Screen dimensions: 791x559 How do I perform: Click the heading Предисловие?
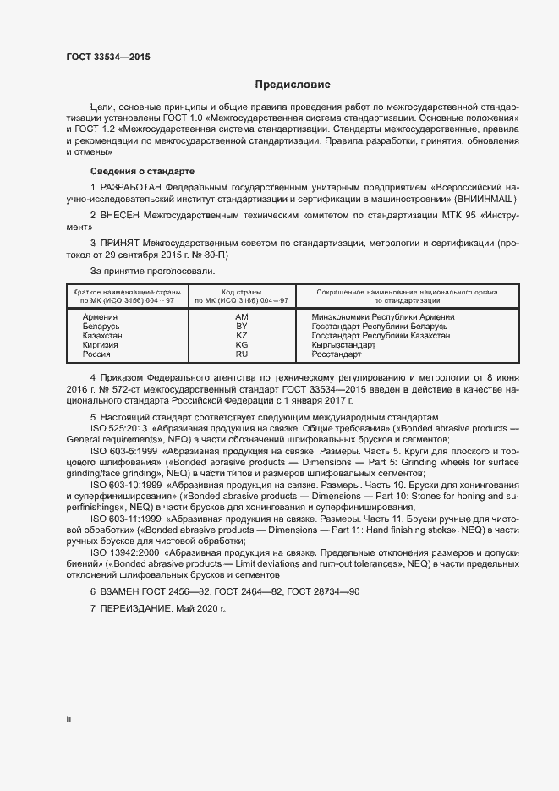293,85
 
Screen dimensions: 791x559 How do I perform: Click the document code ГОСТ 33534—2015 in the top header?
109,57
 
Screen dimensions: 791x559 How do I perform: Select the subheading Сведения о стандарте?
129,171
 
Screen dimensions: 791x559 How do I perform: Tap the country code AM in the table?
241,316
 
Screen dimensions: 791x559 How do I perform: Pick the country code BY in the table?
241,326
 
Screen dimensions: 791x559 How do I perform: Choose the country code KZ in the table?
241,336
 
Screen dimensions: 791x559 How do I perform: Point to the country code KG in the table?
241,345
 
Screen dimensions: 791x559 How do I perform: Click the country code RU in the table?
241,355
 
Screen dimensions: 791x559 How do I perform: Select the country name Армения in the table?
101,316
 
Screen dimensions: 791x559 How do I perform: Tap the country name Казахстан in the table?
103,336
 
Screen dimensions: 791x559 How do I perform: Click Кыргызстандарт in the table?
343,345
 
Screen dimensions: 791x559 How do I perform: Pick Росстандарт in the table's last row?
337,355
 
